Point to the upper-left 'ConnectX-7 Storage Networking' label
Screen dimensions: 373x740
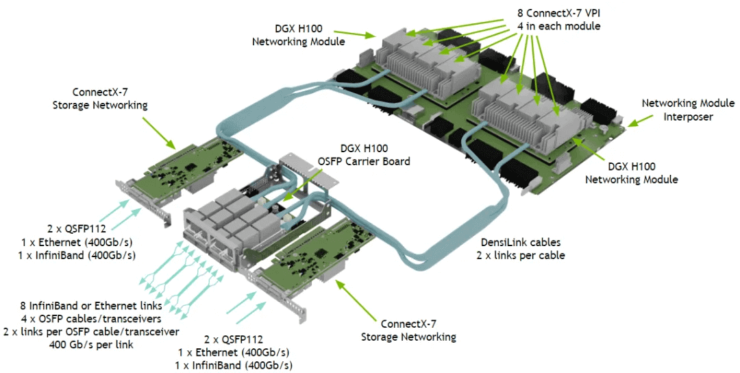point(110,97)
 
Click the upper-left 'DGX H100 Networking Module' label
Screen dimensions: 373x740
point(297,36)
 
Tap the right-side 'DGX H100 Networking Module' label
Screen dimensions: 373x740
point(632,173)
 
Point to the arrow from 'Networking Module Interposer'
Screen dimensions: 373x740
point(639,121)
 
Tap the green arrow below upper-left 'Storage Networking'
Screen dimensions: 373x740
point(159,134)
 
